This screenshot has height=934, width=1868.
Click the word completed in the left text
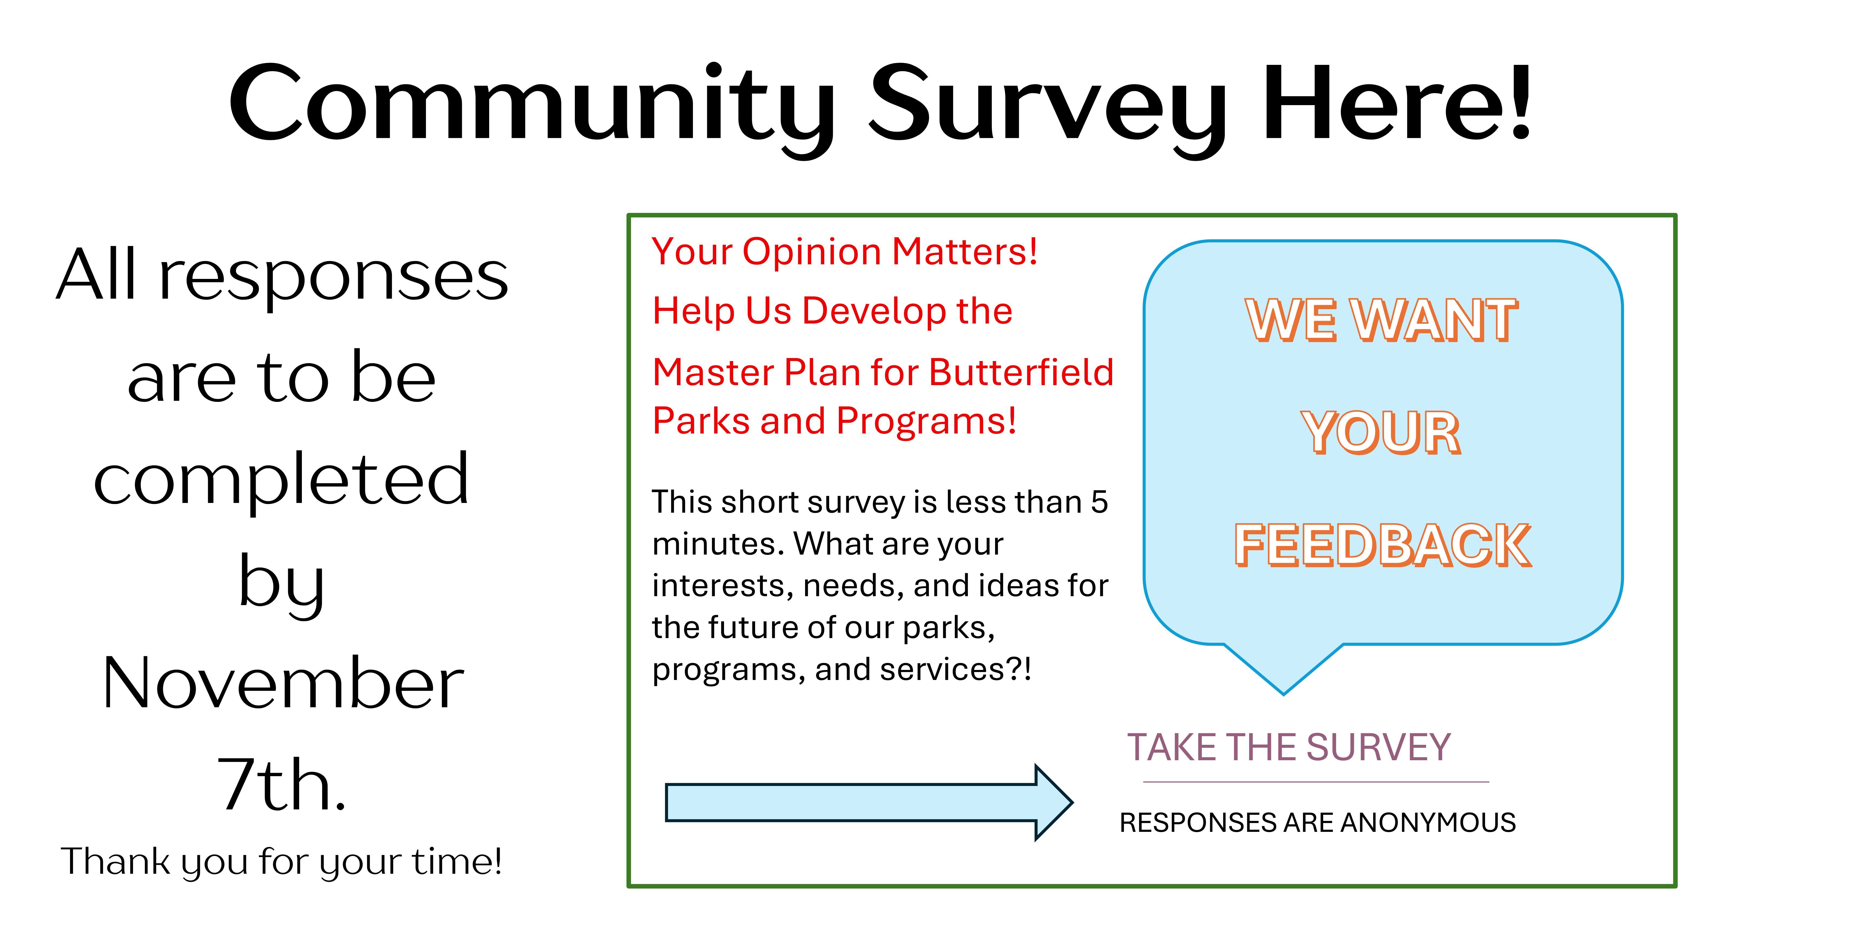click(281, 481)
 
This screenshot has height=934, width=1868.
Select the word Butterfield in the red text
click(1021, 373)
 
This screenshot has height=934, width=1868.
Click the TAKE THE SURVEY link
click(1289, 748)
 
